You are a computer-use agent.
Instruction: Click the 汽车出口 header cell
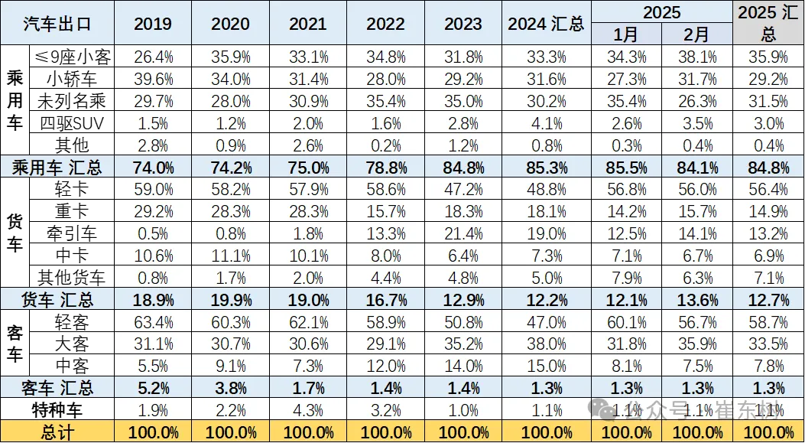[57, 23]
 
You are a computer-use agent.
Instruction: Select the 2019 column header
[153, 24]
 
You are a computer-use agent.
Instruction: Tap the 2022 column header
[385, 24]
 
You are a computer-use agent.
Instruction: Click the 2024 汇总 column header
[546, 24]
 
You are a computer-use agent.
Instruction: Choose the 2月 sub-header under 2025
[697, 34]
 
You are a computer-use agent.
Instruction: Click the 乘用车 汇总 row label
[57, 167]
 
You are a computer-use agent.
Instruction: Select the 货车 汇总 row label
[57, 299]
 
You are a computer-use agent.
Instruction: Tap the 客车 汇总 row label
[57, 388]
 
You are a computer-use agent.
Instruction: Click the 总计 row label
[57, 432]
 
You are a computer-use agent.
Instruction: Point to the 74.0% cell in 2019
[153, 167]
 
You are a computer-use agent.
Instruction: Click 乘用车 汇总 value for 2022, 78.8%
[385, 167]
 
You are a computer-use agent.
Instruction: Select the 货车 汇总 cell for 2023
[463, 299]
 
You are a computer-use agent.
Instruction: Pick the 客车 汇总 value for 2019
[153, 388]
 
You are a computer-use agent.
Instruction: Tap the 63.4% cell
[153, 321]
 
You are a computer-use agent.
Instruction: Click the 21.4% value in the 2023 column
[463, 233]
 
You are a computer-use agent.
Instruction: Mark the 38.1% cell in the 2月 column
[697, 57]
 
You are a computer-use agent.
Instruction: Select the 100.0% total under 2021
[307, 432]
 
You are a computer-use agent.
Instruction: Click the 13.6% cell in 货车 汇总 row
[697, 299]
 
